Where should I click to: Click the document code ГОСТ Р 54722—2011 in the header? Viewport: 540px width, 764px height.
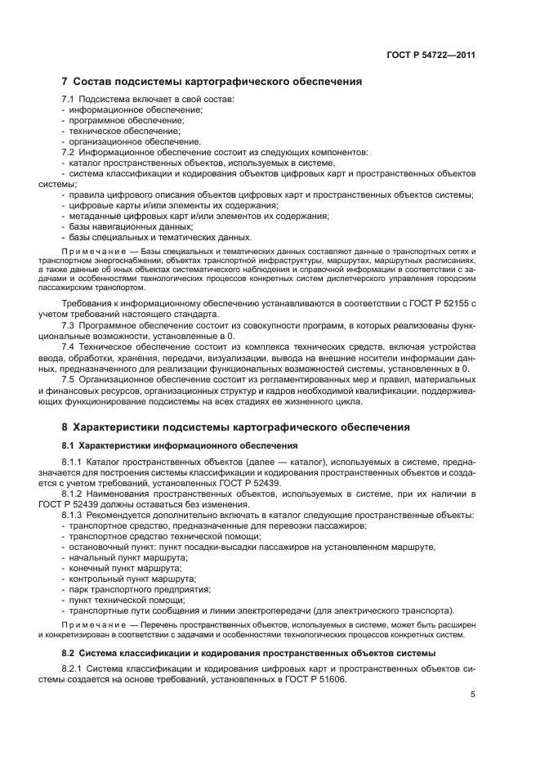(x=430, y=56)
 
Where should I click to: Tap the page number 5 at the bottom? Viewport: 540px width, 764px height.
(x=472, y=695)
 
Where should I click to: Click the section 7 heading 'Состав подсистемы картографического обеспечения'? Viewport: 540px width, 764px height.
(x=212, y=82)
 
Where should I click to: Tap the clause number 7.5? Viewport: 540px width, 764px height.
(x=69, y=379)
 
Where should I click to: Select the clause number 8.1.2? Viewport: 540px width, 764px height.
(x=76, y=494)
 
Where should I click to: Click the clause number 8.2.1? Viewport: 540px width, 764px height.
(x=76, y=668)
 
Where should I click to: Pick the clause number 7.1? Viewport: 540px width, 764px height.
(x=69, y=99)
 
